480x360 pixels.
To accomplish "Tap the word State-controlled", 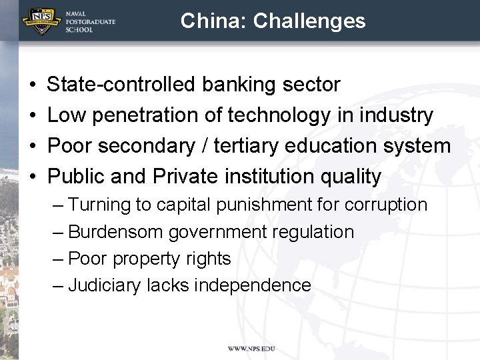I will [x=121, y=85].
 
